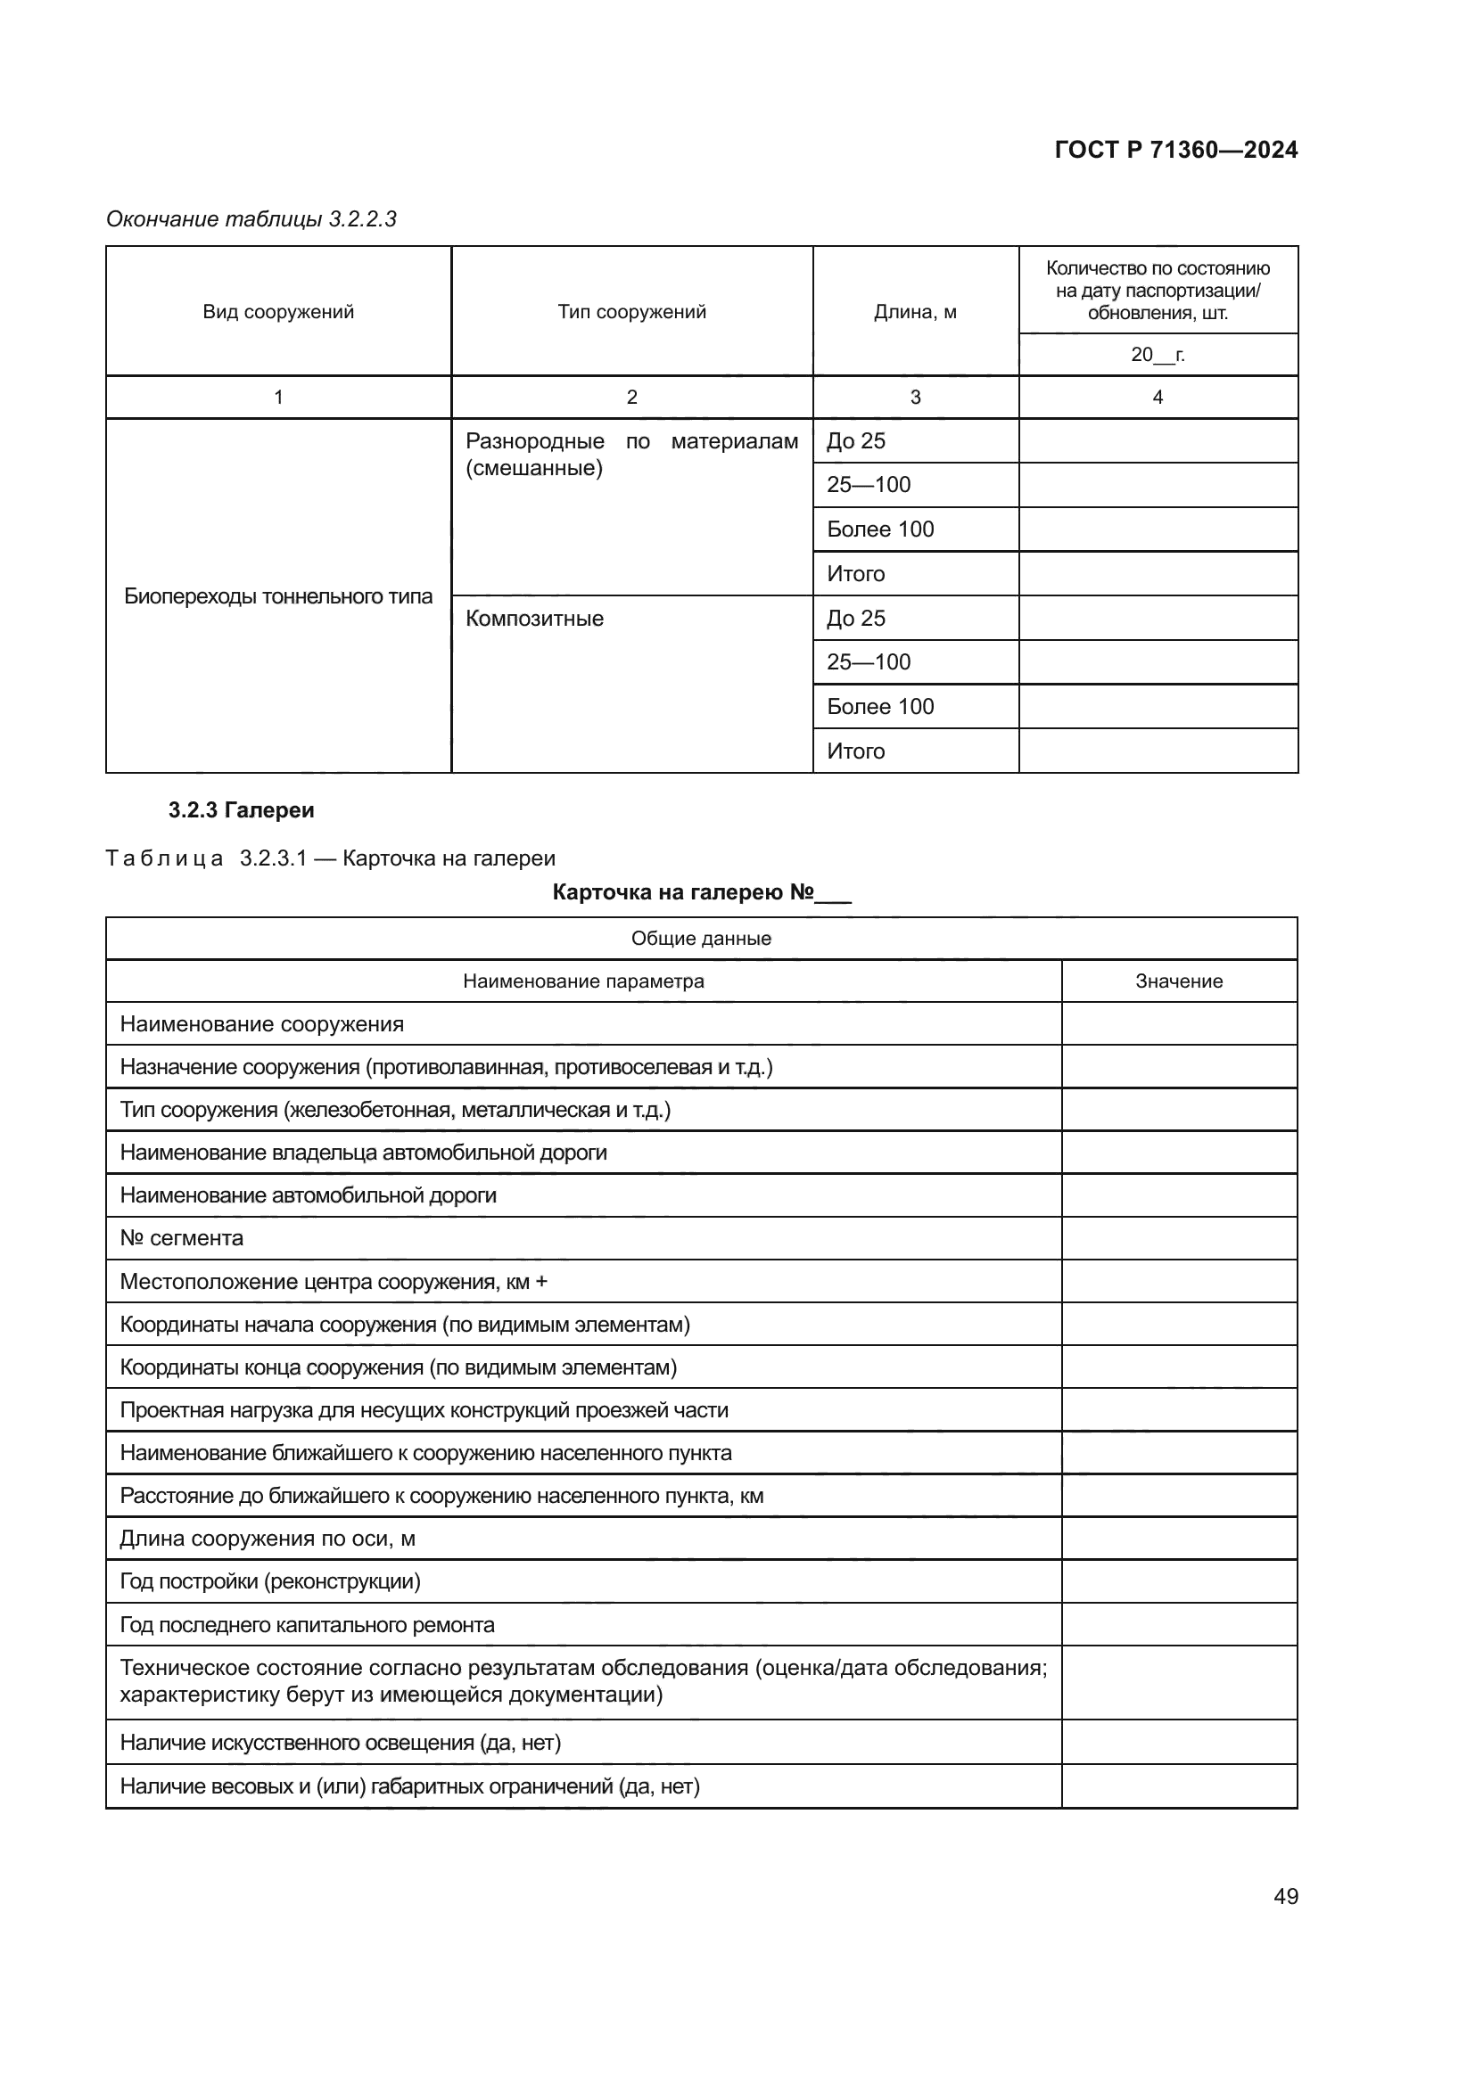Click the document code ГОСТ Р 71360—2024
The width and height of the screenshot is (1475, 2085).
[1175, 150]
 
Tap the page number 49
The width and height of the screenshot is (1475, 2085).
[1285, 1896]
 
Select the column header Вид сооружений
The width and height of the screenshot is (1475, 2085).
[278, 311]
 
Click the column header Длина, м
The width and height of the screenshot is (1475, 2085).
[915, 311]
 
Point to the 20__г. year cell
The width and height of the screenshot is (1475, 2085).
[1158, 354]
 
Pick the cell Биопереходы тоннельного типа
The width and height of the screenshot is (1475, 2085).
[278, 596]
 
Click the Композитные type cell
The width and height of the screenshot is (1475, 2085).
[534, 619]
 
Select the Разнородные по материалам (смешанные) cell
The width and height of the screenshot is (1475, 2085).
[631, 454]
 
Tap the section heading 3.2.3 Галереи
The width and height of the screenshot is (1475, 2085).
[241, 810]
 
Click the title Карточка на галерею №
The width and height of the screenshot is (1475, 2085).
[701, 892]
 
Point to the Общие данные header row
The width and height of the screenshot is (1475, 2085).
[701, 938]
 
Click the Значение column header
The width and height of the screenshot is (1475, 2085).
[1178, 981]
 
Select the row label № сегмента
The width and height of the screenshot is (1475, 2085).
[182, 1238]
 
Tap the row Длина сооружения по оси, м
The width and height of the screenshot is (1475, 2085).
[267, 1539]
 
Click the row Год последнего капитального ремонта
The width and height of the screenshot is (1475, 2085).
[307, 1625]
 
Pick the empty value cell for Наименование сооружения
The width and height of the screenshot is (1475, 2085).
[1178, 1023]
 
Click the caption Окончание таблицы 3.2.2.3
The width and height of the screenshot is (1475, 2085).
[251, 219]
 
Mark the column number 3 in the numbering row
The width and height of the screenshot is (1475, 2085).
[915, 397]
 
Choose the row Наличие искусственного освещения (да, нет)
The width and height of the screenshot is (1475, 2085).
[340, 1743]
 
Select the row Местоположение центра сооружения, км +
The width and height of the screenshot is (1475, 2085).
[334, 1281]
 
